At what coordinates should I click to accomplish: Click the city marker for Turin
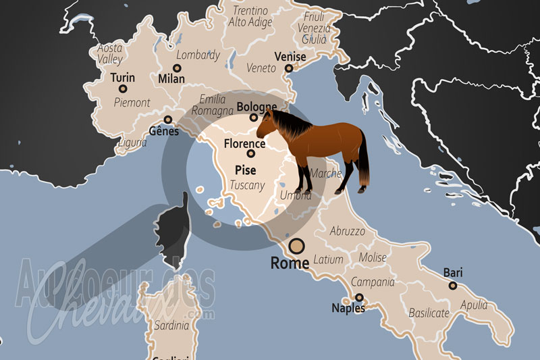(x=123, y=88)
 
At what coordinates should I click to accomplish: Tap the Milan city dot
(x=177, y=68)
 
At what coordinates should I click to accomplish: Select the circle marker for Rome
(x=297, y=246)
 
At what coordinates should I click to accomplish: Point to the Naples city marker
(x=359, y=297)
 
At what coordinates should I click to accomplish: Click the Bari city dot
(x=453, y=286)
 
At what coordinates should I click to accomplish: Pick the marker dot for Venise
(x=288, y=68)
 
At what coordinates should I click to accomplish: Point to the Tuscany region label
(x=246, y=184)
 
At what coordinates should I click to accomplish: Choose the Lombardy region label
(x=198, y=55)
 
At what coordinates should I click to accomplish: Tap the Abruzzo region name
(x=348, y=231)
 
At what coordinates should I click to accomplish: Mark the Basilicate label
(x=429, y=313)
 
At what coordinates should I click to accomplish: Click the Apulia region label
(x=474, y=305)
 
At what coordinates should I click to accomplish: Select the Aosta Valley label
(x=110, y=53)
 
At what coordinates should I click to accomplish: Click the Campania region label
(x=372, y=282)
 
